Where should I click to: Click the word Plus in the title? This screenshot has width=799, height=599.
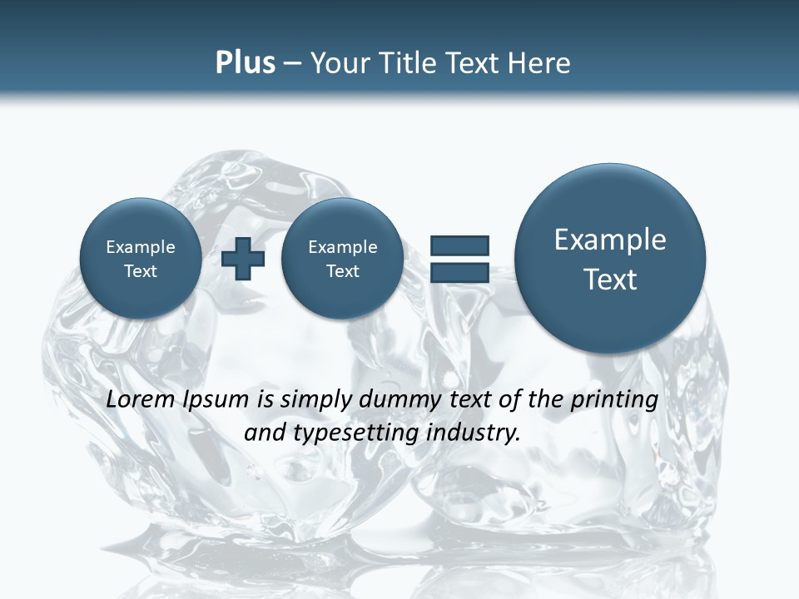click(x=245, y=63)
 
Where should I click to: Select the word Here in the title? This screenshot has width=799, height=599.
click(x=539, y=63)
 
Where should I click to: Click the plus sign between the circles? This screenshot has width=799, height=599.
click(x=243, y=259)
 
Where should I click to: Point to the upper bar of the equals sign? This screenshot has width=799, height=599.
click(x=459, y=245)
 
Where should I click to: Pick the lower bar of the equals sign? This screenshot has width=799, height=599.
click(x=459, y=272)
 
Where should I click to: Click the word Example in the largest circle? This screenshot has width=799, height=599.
click(x=610, y=240)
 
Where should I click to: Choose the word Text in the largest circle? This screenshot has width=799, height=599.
click(x=610, y=280)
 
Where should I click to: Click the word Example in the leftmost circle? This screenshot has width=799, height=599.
click(x=141, y=247)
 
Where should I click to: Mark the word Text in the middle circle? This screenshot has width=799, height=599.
click(x=342, y=271)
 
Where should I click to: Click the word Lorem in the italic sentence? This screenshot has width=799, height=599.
click(x=139, y=399)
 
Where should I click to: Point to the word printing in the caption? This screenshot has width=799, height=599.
click(x=615, y=400)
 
